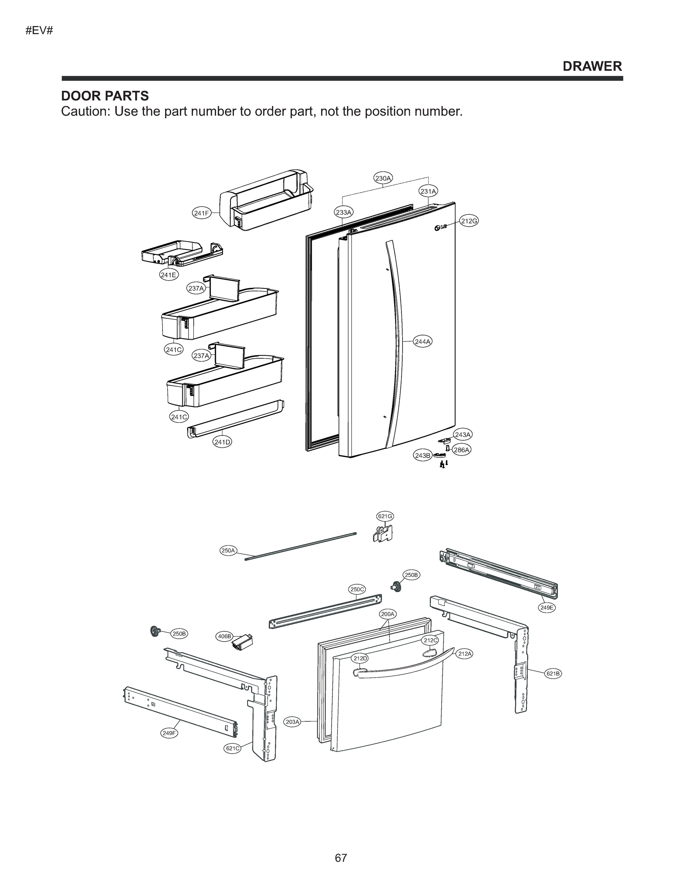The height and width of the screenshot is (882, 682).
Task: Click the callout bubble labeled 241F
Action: (x=201, y=213)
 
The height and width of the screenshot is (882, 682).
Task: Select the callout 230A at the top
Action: (x=383, y=178)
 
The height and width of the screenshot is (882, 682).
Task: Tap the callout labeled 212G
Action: (x=469, y=221)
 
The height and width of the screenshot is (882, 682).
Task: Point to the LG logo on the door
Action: (x=441, y=227)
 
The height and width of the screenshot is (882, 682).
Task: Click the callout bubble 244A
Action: (x=422, y=342)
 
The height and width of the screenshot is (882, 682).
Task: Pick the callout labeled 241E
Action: (x=168, y=275)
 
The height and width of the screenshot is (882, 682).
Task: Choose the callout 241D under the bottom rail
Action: (x=222, y=442)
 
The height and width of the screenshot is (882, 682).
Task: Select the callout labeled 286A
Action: (x=461, y=449)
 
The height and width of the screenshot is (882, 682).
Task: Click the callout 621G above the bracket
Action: (x=385, y=516)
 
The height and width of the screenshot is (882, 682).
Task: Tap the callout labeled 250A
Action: (x=228, y=550)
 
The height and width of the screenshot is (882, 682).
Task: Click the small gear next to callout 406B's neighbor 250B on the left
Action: (x=154, y=630)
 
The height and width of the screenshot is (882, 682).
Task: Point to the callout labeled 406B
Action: (x=224, y=637)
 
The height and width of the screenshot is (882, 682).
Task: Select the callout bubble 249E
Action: (x=547, y=607)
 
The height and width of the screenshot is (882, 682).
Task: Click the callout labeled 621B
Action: (x=553, y=674)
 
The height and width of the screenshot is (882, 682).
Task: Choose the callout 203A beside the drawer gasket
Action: (x=293, y=722)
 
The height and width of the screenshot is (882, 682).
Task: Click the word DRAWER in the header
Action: (x=592, y=66)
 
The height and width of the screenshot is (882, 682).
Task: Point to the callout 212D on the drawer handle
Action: (x=360, y=658)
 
